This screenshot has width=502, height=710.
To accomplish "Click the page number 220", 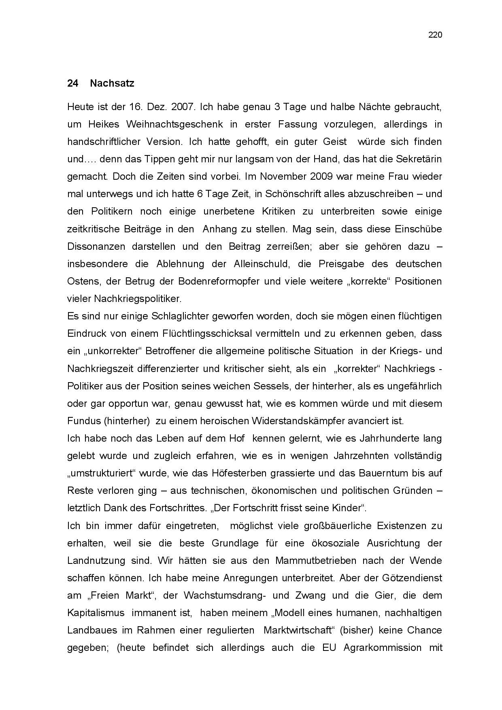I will coord(435,35).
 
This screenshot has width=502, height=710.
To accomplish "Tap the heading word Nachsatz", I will coord(112,83).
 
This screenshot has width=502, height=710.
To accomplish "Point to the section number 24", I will coord(72,83).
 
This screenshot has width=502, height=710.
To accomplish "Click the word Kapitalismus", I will coord(96,613).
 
